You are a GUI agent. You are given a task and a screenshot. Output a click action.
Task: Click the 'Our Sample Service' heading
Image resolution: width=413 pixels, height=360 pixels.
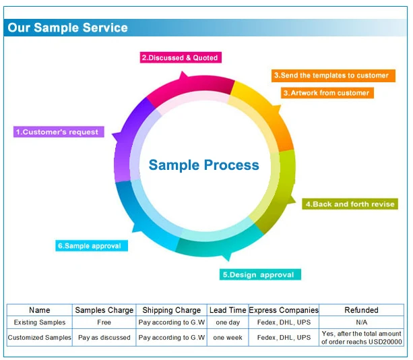point(68,28)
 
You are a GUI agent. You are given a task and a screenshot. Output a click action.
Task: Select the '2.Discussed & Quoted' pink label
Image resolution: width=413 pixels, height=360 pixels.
point(180,58)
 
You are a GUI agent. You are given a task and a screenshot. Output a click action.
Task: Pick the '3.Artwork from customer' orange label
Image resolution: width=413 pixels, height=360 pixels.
point(325,93)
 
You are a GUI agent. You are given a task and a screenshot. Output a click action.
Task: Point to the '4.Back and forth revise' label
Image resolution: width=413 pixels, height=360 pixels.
point(350,204)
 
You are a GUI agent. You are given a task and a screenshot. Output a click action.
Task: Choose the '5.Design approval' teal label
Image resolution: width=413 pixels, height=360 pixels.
point(259,274)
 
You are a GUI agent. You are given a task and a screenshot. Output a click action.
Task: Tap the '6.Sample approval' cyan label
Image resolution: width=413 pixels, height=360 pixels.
point(91,246)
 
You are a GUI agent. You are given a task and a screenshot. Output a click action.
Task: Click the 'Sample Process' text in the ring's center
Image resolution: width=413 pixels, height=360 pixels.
point(203,165)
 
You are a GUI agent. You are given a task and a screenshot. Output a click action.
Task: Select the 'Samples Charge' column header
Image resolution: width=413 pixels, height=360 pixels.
point(104,310)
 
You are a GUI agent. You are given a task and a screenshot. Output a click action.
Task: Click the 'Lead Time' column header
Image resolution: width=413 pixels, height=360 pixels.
point(227,310)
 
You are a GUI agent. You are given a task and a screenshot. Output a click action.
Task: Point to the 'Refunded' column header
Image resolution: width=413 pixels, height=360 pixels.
point(361,310)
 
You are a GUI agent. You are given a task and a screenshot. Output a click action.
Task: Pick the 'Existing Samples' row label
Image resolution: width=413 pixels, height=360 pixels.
point(40,322)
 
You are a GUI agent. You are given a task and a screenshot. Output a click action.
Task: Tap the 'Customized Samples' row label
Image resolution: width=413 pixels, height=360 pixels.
point(40,337)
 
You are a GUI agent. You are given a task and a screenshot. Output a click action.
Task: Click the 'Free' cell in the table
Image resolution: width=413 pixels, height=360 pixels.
point(104,322)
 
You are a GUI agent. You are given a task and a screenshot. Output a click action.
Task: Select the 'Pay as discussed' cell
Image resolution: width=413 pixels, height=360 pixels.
point(104,337)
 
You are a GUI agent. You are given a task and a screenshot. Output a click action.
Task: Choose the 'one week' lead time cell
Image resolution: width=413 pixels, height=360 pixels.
point(227,337)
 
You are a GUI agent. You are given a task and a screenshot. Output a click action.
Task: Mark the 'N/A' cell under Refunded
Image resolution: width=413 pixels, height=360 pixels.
point(361,322)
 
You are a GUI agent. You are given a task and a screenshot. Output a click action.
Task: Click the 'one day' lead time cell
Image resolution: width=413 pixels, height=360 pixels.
point(227,322)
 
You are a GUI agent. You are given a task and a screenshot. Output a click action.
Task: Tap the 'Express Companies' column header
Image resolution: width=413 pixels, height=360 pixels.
point(284,310)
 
